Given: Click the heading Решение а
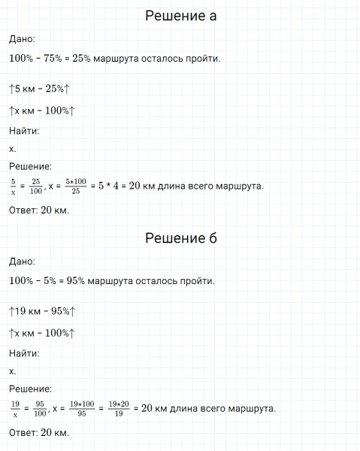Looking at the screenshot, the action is point(180,17).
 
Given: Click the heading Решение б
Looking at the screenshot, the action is point(180,238).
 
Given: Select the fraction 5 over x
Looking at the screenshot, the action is point(13,186).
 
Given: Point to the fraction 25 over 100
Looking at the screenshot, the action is point(35,186).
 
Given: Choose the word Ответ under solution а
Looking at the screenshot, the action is point(24,210).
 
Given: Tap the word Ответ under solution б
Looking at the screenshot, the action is point(24,434).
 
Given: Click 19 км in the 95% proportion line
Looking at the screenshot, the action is point(27,310).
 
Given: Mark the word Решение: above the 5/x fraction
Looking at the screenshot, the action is point(30,166).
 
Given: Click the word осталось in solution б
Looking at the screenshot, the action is point(156,282).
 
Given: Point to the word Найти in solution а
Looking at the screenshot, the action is point(24,131).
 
